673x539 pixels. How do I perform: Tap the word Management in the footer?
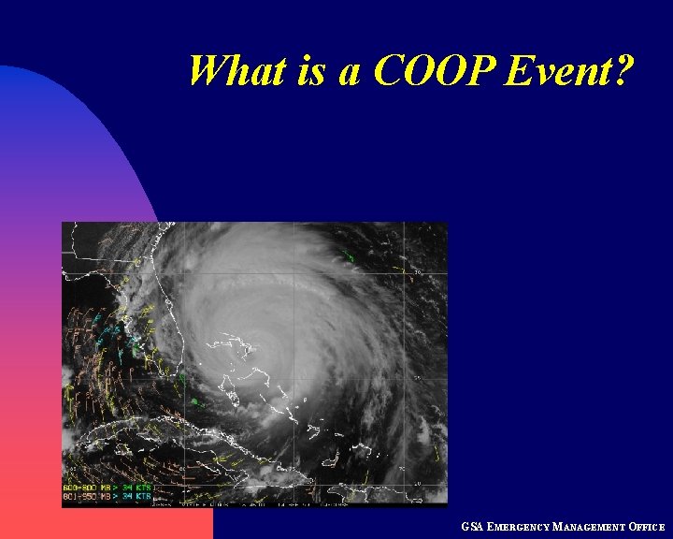(589, 528)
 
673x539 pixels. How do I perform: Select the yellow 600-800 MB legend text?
(83, 488)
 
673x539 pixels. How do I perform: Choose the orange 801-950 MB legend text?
(83, 497)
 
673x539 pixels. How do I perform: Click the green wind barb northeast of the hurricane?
(348, 256)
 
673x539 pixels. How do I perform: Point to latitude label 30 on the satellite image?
(418, 273)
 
